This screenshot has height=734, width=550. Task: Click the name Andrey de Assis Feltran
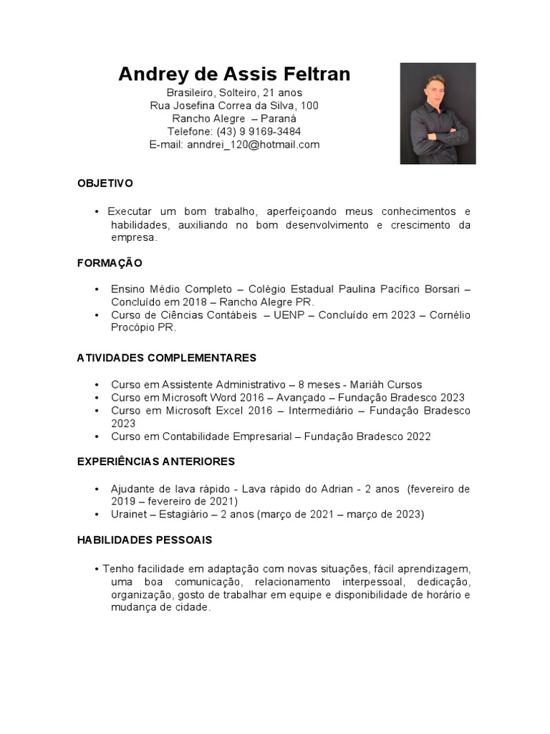pos(234,75)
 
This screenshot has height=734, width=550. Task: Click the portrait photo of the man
pos(438,113)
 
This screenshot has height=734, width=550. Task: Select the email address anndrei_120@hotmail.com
pos(254,144)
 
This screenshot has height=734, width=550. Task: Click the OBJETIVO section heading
pos(105,183)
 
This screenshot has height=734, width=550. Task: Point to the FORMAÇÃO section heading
pos(110,263)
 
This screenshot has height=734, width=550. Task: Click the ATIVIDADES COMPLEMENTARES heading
pos(166,358)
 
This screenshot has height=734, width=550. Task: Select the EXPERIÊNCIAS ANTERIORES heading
pos(155,462)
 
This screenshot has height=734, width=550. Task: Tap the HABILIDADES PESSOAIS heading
pos(145,540)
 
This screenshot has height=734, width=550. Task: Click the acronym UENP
pos(286,315)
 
